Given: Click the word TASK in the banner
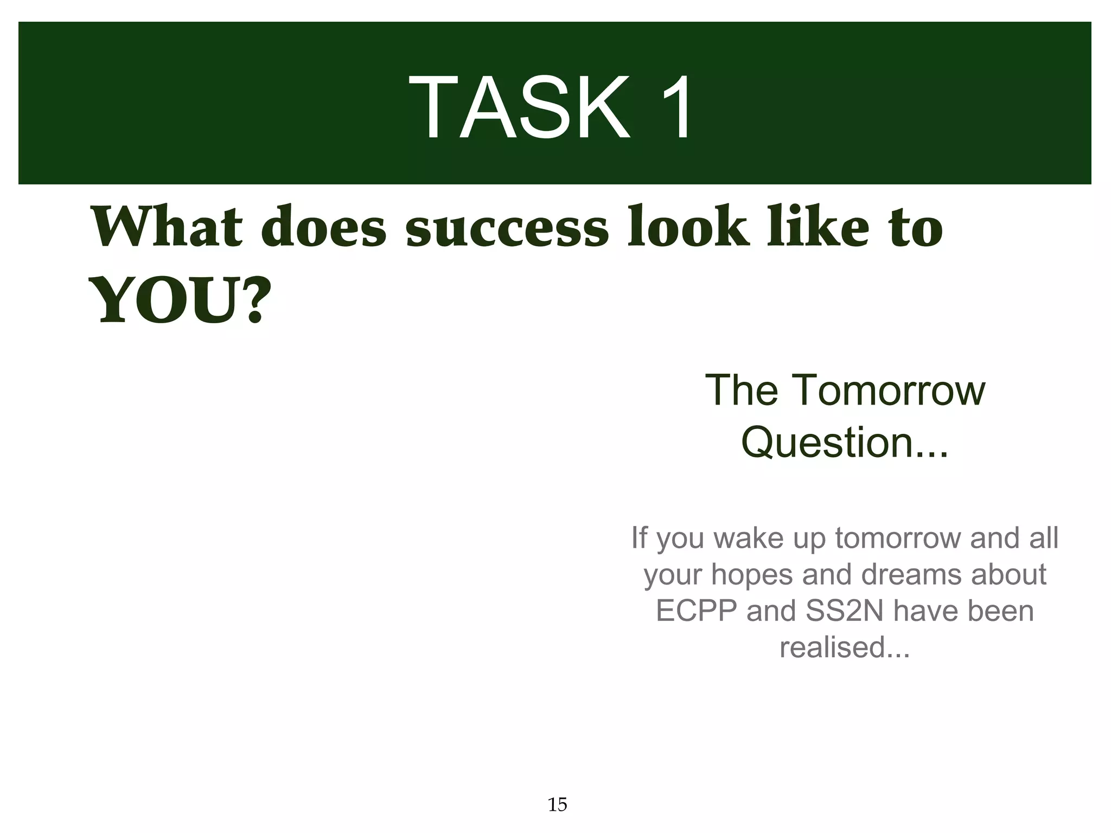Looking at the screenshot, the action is (x=520, y=108).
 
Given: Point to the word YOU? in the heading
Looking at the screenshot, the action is (x=180, y=299).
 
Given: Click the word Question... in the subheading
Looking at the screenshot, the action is (x=845, y=442).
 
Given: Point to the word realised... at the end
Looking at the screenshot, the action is (x=845, y=647).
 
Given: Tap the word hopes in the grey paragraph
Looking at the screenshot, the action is (x=752, y=574).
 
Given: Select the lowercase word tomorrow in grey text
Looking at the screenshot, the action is (x=898, y=538).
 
